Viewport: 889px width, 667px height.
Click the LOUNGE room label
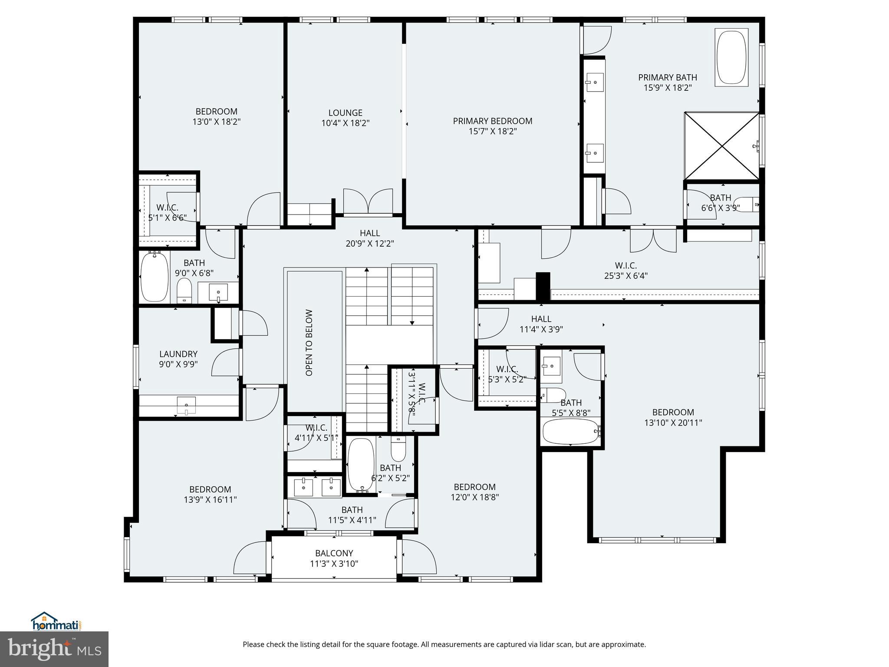tap(345, 113)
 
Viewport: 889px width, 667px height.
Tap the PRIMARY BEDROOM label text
tap(492, 121)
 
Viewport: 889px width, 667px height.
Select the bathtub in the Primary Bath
tap(731, 57)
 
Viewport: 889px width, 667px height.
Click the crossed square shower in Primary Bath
tap(721, 146)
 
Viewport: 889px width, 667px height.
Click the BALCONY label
tap(334, 553)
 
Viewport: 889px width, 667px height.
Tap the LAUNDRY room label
tap(178, 354)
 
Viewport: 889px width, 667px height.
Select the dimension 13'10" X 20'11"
tap(673, 423)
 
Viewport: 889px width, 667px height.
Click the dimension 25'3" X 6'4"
tap(626, 276)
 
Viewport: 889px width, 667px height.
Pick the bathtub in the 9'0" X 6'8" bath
tap(154, 277)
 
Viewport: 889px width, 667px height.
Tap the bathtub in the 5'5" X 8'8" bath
tap(570, 431)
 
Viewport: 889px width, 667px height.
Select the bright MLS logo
tap(54, 649)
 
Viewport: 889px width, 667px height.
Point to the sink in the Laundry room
tap(186, 406)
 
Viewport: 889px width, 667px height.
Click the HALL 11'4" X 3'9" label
tap(541, 324)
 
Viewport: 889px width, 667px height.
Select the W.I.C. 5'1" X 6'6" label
tap(167, 213)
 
